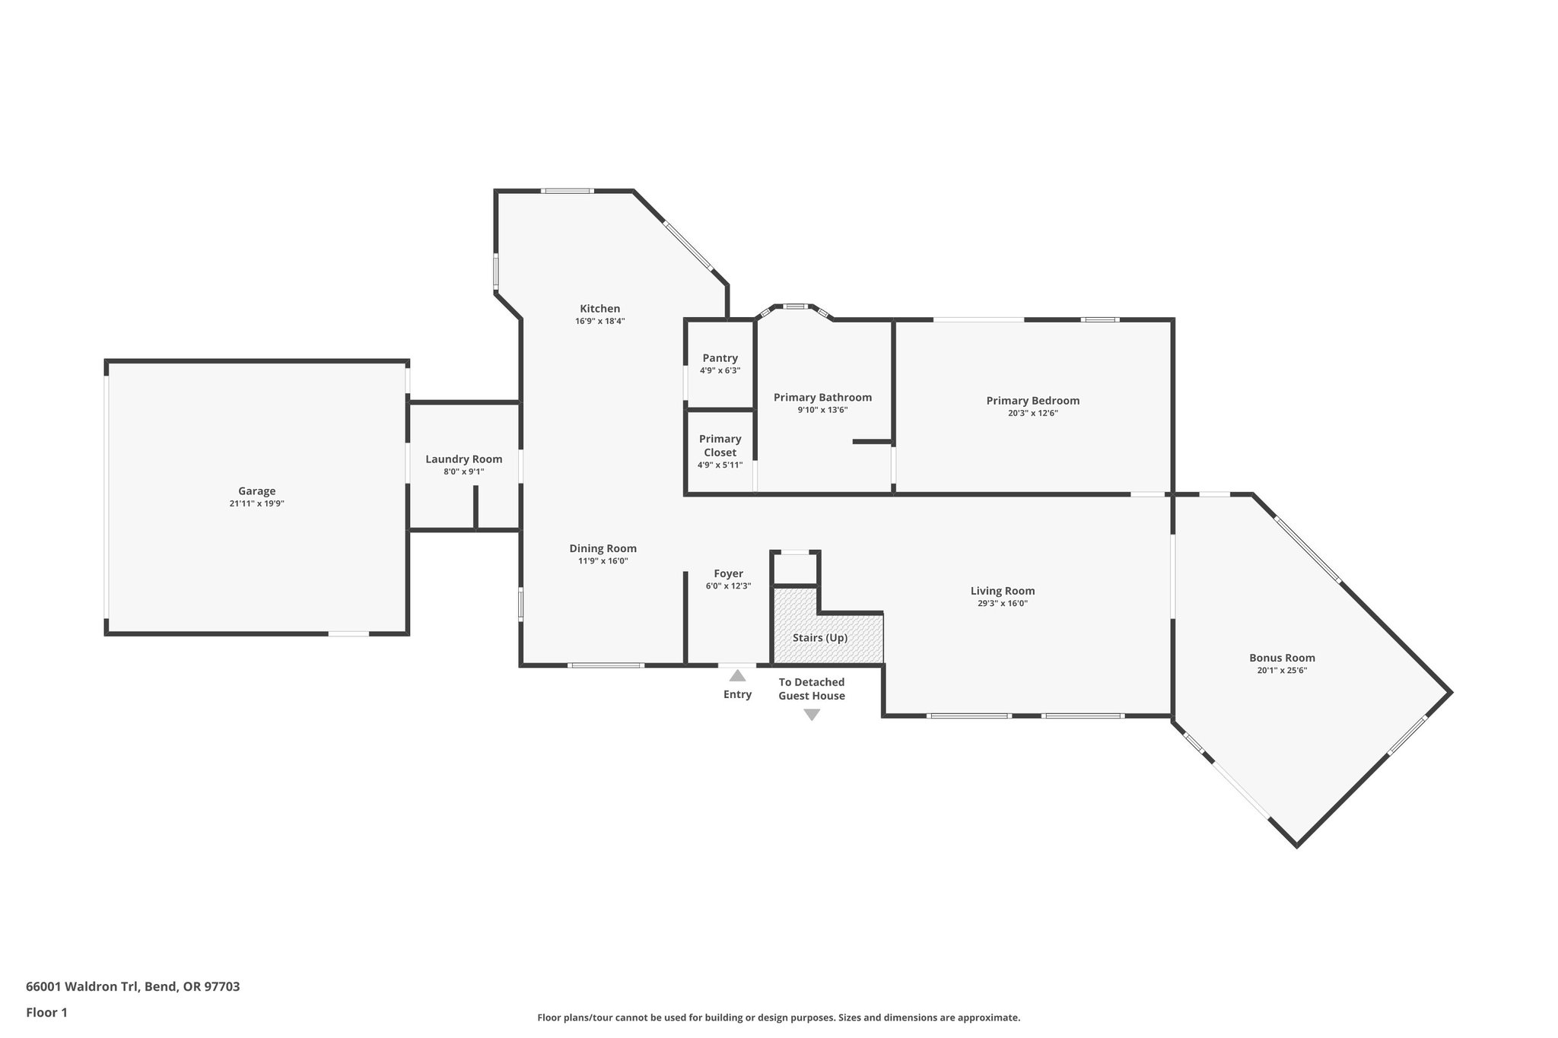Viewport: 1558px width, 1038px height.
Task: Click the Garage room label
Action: coord(256,491)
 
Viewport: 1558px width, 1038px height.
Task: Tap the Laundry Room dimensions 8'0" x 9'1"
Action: coord(463,471)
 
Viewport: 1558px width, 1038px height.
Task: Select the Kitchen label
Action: coord(599,308)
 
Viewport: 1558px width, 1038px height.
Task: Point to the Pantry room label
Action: coord(720,357)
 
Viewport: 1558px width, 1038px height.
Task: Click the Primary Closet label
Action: coord(720,445)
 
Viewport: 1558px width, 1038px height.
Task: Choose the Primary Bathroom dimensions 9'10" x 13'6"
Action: coord(822,410)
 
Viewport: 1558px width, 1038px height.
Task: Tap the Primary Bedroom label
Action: coord(1032,400)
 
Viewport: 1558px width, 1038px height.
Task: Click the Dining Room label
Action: coord(603,548)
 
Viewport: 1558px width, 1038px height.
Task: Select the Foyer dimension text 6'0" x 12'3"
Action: coord(728,586)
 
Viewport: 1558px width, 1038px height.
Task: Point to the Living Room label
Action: coord(1002,590)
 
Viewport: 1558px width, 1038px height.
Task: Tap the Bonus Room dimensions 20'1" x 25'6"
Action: coord(1282,671)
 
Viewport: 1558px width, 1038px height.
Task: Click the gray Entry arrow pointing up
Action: coord(736,675)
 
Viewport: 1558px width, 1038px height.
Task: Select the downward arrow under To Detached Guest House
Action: coord(811,715)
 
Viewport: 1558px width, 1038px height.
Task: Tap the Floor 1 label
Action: coord(46,1012)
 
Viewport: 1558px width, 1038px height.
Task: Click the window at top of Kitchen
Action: coord(567,191)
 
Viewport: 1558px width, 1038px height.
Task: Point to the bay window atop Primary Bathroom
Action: coord(795,307)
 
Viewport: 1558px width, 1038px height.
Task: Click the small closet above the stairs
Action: coord(795,568)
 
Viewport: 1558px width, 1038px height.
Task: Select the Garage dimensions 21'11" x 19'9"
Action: coord(256,503)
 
